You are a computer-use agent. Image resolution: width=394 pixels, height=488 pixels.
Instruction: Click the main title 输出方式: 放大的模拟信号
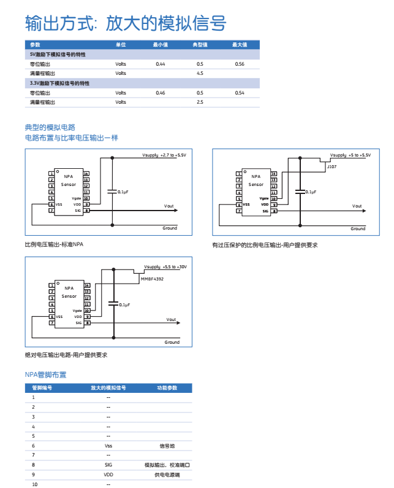126,23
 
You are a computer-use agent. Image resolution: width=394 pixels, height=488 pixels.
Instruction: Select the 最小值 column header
161,45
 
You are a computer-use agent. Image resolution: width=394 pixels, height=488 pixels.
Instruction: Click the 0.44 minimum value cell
161,64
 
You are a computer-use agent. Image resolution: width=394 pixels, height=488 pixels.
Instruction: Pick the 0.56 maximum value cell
240,64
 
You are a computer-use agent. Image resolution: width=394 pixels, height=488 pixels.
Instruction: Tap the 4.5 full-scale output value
200,73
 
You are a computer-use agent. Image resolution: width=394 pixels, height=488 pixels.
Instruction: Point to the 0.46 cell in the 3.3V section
161,93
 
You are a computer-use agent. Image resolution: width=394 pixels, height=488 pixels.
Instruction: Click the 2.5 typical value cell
200,102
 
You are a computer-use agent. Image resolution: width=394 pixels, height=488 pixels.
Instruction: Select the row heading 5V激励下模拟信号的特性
58,55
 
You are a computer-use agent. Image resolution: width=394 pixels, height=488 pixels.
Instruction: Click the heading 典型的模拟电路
50,127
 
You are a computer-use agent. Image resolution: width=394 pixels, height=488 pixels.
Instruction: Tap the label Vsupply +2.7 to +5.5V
164,155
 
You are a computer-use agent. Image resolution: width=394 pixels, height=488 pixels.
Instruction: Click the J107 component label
331,166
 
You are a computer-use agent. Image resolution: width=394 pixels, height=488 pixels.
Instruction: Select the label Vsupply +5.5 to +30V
165,267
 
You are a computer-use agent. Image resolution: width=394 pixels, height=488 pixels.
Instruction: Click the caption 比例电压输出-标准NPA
54,244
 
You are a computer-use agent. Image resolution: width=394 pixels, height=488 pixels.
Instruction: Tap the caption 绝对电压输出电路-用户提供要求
66,355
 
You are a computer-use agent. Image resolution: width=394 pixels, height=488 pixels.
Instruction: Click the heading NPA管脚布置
45,374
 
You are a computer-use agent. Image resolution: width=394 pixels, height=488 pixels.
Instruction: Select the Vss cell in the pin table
108,446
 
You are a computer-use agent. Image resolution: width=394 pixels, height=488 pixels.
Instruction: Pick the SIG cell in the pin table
108,465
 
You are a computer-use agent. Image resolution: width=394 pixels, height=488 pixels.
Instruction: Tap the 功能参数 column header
167,388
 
